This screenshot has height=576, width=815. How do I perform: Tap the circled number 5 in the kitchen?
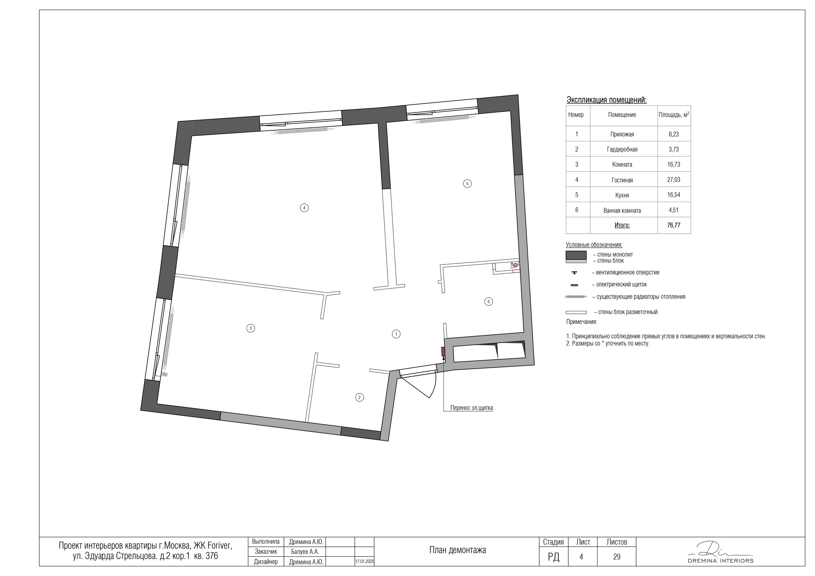pyautogui.click(x=467, y=184)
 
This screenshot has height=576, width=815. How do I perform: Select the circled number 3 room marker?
pyautogui.click(x=251, y=328)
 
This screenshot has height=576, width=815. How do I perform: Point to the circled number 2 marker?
pyautogui.click(x=359, y=397)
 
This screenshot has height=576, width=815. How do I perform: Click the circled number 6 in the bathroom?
pyautogui.click(x=488, y=302)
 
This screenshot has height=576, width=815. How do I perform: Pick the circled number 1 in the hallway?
pyautogui.click(x=396, y=334)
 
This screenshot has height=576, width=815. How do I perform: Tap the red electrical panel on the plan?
pyautogui.click(x=443, y=352)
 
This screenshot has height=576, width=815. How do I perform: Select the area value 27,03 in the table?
pyautogui.click(x=674, y=179)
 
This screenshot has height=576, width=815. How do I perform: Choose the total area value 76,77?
pyautogui.click(x=674, y=225)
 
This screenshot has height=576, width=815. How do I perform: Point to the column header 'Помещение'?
pyautogui.click(x=622, y=115)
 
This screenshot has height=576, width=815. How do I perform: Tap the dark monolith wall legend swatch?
pyautogui.click(x=576, y=255)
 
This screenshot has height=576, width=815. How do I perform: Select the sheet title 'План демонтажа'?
pyautogui.click(x=457, y=550)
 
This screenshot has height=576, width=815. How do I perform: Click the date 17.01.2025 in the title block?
pyautogui.click(x=365, y=562)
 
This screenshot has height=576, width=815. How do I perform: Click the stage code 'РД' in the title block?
pyautogui.click(x=553, y=557)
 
